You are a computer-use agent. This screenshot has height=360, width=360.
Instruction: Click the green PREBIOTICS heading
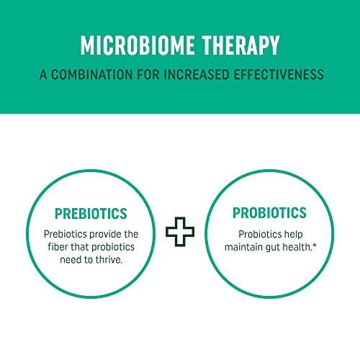tap(91, 214)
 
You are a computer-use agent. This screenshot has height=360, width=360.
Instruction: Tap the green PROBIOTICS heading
tap(269, 213)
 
